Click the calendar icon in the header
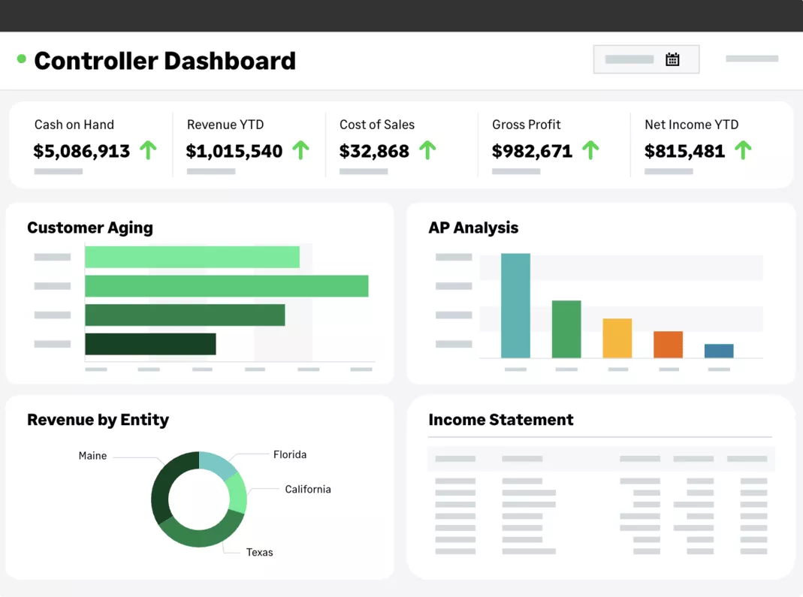(672, 59)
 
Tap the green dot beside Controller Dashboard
(22, 59)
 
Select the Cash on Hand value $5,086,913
(82, 151)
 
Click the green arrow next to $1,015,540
(300, 150)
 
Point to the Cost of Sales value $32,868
(374, 151)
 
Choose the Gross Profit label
(526, 125)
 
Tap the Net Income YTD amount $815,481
(684, 151)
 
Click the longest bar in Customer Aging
(226, 286)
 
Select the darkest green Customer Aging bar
(150, 344)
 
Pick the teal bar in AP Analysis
(515, 306)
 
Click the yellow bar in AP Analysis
(617, 338)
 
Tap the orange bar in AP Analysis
(668, 345)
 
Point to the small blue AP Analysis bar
(719, 351)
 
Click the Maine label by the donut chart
(92, 456)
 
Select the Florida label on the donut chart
(289, 454)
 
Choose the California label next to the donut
(307, 489)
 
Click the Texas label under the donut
(259, 552)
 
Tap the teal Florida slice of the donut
(219, 463)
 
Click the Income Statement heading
(500, 420)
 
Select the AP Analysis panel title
(473, 228)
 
